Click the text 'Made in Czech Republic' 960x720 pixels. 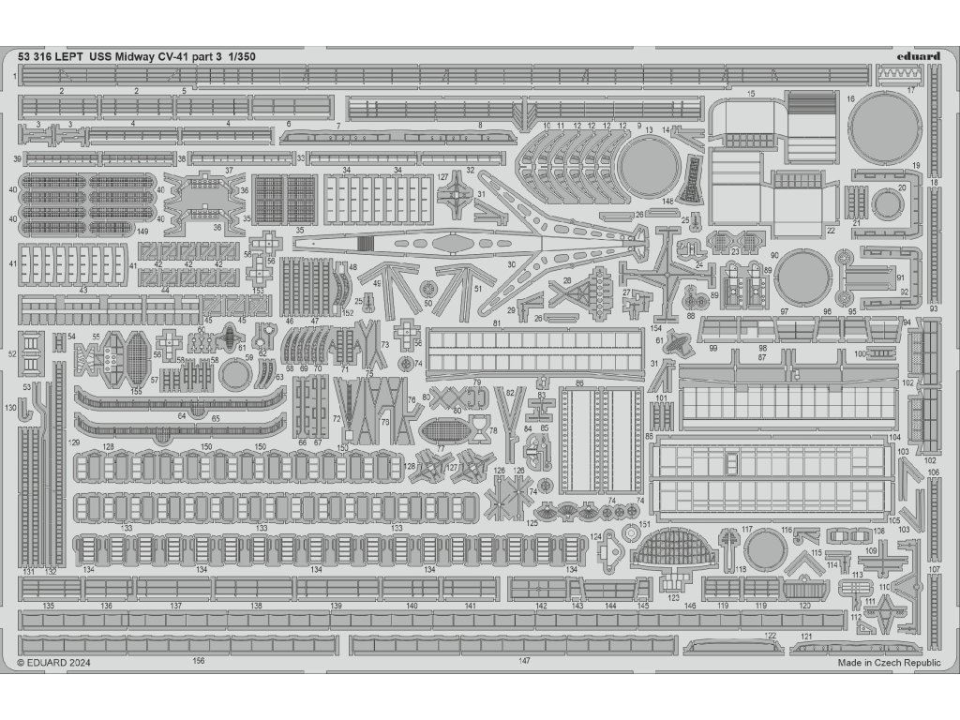coord(889,662)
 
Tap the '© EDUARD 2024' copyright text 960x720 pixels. coord(54,662)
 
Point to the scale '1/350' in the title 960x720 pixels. coord(240,56)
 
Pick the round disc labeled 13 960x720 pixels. coord(648,167)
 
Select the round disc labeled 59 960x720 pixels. coord(234,374)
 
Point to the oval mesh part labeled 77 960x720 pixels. coord(443,432)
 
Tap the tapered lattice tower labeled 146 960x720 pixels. coord(691,178)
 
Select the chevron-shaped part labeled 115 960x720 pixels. coord(802,561)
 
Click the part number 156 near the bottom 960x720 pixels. coord(198,661)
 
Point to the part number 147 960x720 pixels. coord(523,661)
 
